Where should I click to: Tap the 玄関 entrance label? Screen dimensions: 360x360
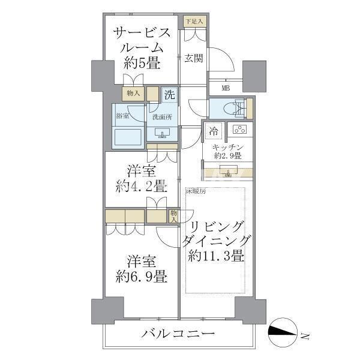tap(193, 58)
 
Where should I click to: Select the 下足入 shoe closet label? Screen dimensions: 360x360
tap(194, 22)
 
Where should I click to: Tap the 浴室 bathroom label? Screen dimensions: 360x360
tap(122, 115)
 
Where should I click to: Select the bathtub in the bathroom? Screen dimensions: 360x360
tap(128, 136)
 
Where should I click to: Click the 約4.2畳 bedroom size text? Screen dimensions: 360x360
tap(142, 185)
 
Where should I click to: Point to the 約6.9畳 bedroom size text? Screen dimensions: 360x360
tap(142, 277)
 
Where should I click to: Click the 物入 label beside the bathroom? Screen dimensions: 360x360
tap(133, 93)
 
